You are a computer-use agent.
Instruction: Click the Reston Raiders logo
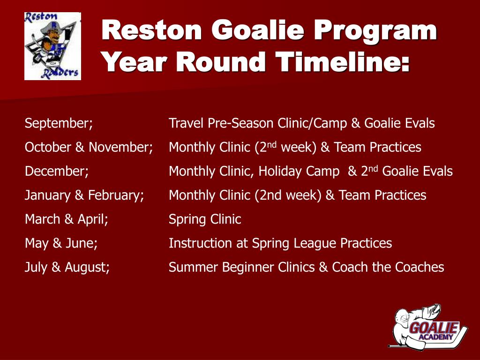pos(52,46)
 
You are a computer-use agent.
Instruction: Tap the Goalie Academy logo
pos(428,327)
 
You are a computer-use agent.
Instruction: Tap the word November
pos(120,147)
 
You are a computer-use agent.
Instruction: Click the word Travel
pos(186,123)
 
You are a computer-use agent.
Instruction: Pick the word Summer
pos(194,267)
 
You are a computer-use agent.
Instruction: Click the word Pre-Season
pos(240,123)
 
